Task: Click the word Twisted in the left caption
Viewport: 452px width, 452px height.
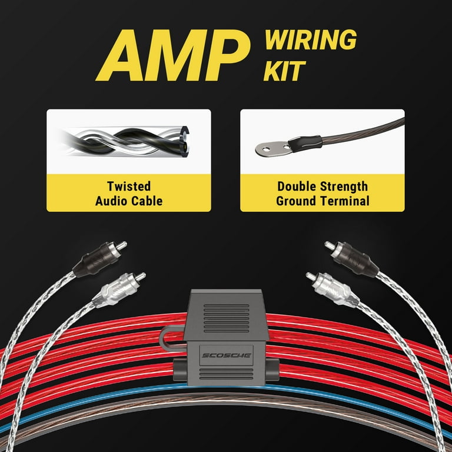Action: [128, 187]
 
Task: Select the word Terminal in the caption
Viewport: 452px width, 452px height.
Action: [347, 201]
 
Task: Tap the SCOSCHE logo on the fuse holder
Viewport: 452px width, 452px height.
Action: [225, 355]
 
